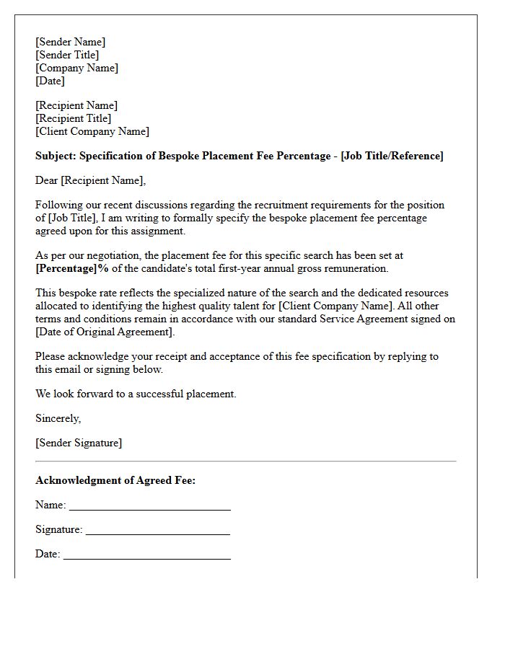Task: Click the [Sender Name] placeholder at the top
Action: click(x=70, y=42)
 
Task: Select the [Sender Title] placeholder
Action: click(x=67, y=55)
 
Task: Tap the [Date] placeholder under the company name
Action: click(x=50, y=81)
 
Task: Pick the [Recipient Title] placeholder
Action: click(x=73, y=118)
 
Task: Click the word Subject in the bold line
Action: click(x=55, y=156)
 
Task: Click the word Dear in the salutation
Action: click(x=46, y=180)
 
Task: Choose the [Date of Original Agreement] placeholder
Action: click(x=105, y=332)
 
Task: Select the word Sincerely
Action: click(x=58, y=418)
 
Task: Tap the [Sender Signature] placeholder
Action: click(x=79, y=443)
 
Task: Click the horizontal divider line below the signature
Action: click(x=245, y=461)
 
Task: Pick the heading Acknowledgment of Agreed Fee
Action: click(x=115, y=480)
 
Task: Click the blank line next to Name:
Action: click(x=149, y=508)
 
